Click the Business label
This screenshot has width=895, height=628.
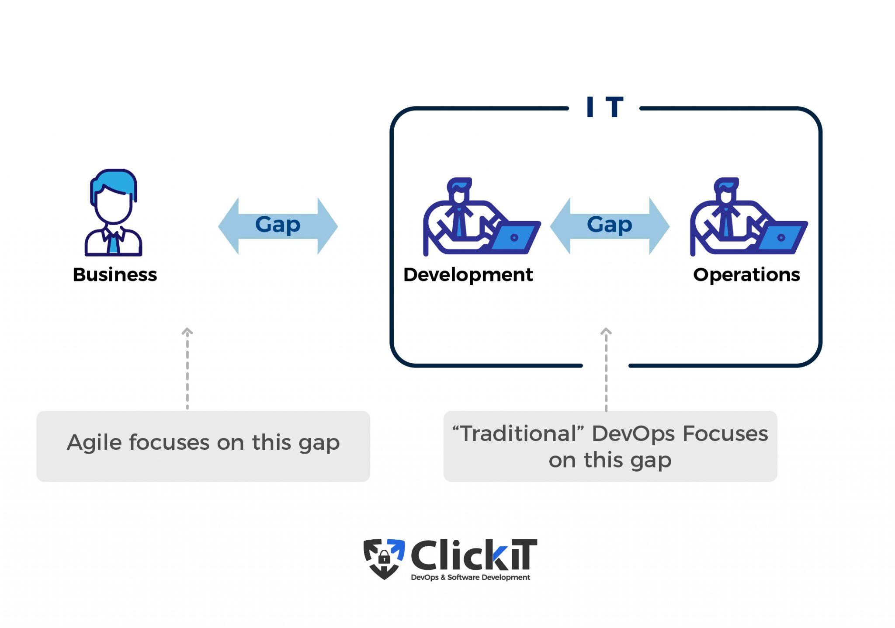[x=114, y=275]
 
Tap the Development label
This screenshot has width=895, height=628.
[x=468, y=275]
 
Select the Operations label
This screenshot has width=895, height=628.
[x=746, y=275]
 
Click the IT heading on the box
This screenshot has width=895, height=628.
[x=604, y=107]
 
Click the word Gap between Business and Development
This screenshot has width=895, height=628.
[x=278, y=225]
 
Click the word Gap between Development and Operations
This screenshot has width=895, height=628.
[x=609, y=225]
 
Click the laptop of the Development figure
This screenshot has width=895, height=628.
[x=514, y=237]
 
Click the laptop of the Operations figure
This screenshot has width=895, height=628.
[x=781, y=237]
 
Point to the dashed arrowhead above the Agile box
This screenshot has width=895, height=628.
[x=187, y=332]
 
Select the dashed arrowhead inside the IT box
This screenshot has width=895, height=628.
[x=606, y=332]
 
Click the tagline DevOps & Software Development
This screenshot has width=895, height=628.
[x=470, y=577]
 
